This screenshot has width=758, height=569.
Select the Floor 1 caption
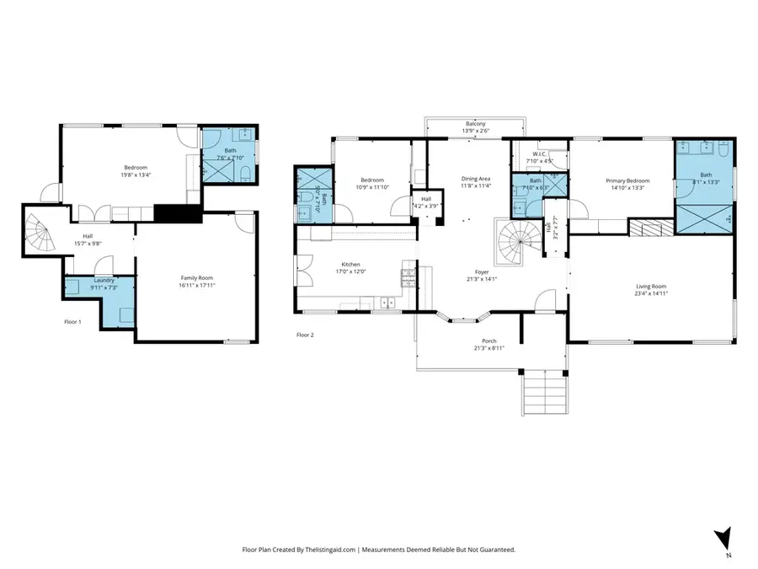click(73, 321)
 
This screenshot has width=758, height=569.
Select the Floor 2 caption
click(305, 335)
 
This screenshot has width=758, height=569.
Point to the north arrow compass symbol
click(721, 539)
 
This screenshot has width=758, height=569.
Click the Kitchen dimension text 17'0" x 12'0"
click(350, 271)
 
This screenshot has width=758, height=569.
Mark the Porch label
click(488, 341)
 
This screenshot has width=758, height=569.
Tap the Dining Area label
click(476, 179)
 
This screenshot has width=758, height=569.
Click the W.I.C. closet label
click(540, 153)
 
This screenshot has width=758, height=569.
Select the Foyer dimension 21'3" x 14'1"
click(482, 279)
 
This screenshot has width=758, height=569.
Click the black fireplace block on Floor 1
click(178, 213)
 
